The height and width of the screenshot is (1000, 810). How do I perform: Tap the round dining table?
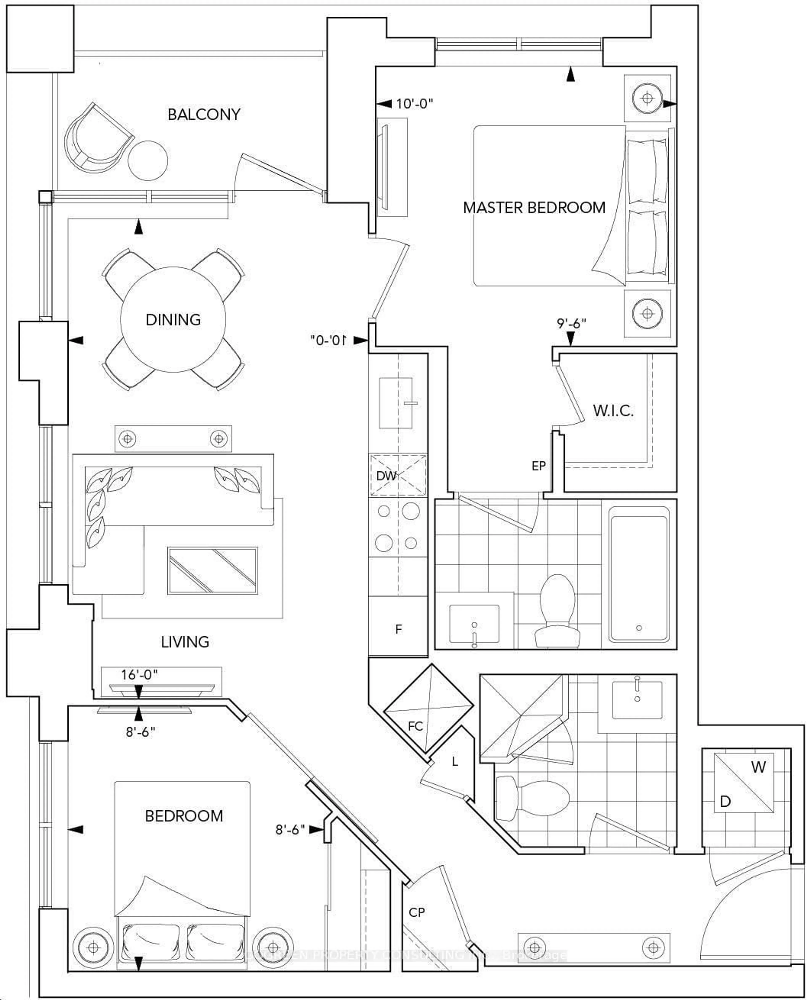pos(173,320)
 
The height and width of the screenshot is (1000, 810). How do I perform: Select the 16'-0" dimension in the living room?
pos(139,674)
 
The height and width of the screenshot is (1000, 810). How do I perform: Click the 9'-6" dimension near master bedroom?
pos(571,323)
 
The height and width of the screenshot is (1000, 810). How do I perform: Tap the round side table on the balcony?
pos(148,160)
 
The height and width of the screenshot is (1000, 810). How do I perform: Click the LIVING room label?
pos(185,642)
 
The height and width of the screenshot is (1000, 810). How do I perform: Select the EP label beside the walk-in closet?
pos(539,466)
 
